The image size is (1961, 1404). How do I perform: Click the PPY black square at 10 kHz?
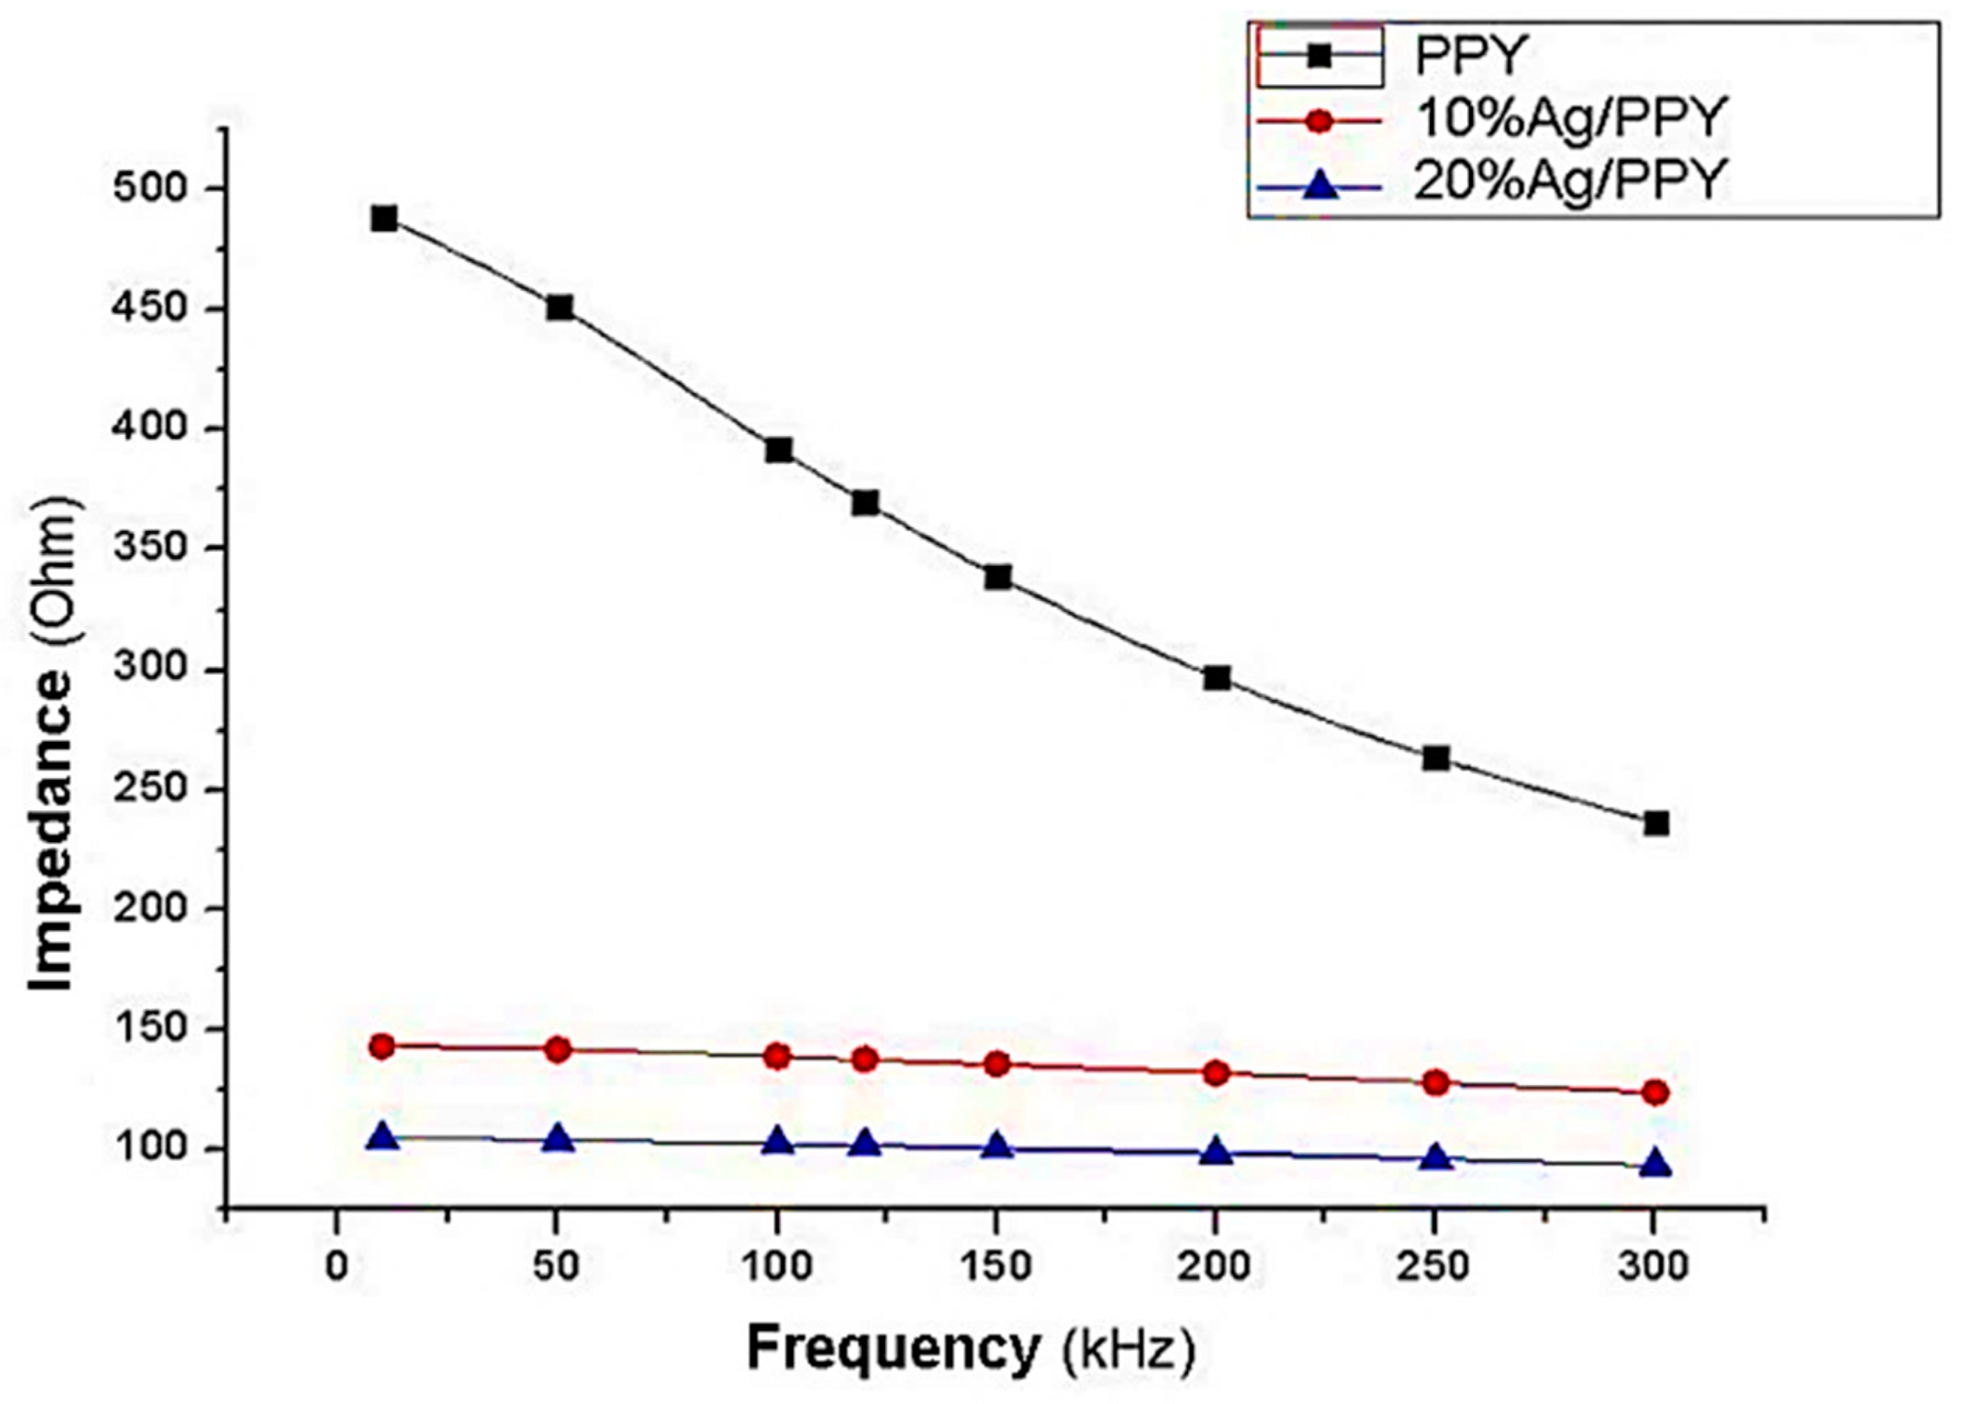384,218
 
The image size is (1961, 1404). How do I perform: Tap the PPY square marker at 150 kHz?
997,576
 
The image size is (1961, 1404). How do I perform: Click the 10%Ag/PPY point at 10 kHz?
381,1047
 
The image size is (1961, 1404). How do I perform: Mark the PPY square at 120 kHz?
865,502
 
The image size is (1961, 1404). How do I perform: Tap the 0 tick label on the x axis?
336,1267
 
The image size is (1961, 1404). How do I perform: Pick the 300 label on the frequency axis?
1653,1267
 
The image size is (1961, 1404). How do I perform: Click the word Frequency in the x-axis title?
893,1349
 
